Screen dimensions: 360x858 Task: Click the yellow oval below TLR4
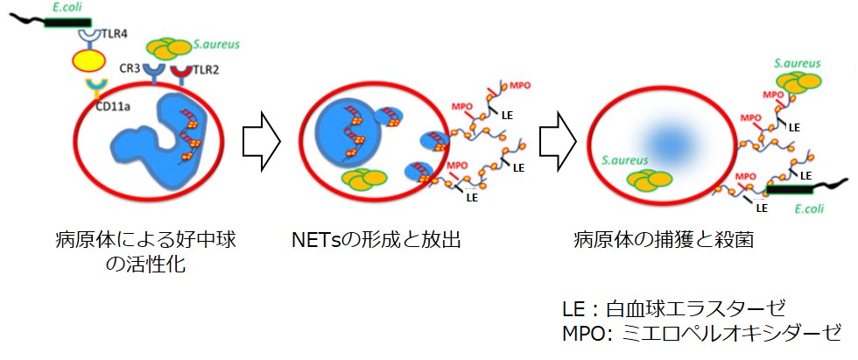tap(88, 61)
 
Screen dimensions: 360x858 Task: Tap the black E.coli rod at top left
tap(61, 21)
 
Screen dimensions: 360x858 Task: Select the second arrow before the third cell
tap(558, 138)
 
